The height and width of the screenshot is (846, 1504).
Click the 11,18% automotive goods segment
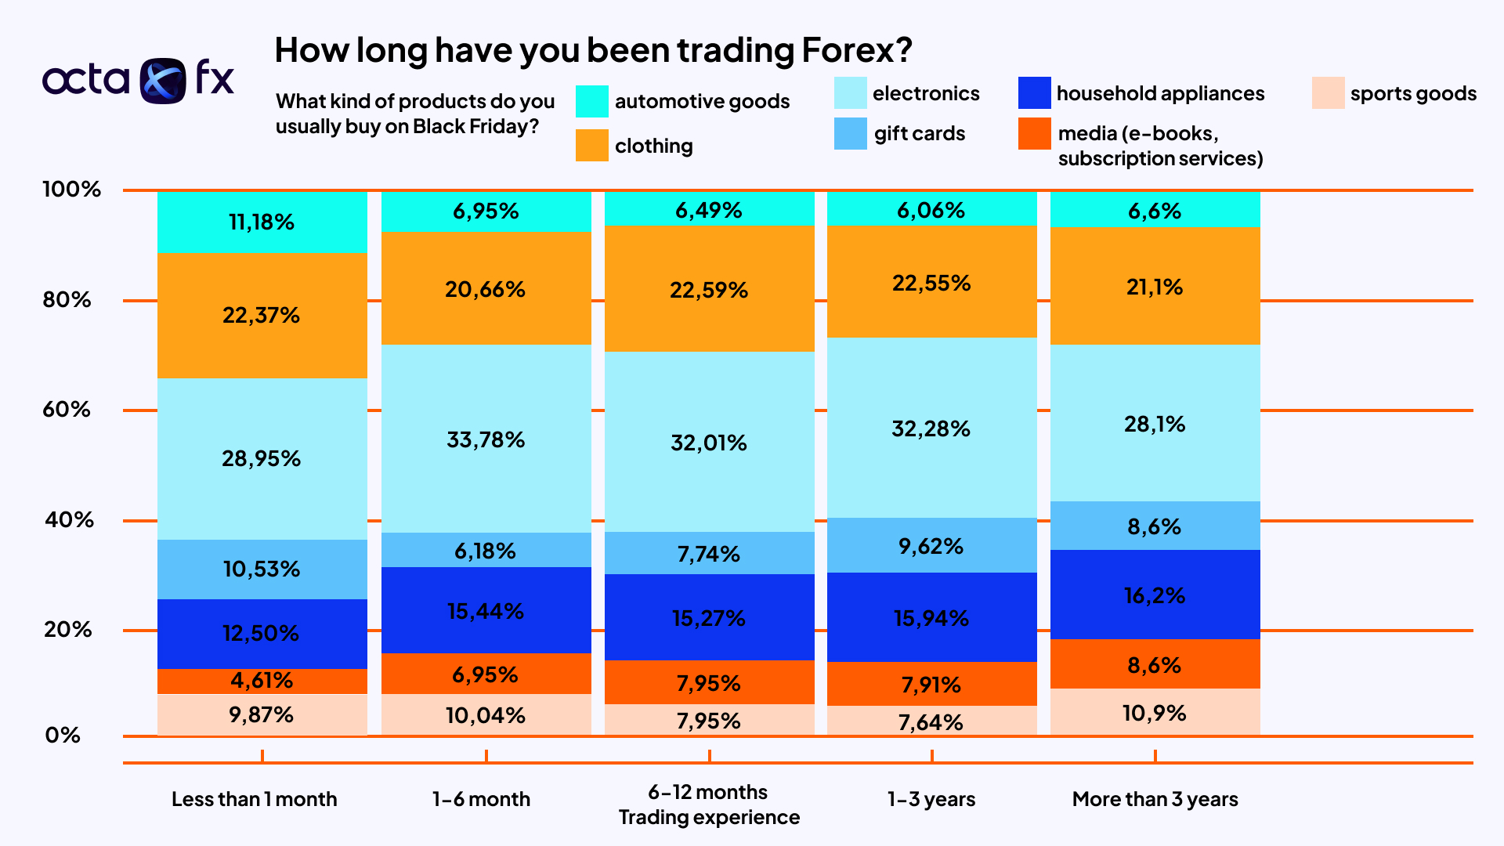pos(262,222)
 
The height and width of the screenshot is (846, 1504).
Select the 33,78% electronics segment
pos(486,439)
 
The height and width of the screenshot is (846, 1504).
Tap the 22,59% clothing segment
pos(709,289)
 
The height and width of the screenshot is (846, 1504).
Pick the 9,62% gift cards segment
pos(931,545)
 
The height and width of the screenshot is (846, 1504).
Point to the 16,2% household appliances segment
pos(1155,595)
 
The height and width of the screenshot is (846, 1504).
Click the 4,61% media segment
pos(262,680)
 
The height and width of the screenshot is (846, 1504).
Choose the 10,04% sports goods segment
pos(486,714)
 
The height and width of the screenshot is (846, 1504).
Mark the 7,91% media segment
pos(931,684)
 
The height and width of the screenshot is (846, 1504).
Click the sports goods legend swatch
pos(1328,93)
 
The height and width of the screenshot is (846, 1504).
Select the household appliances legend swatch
pos(1034,93)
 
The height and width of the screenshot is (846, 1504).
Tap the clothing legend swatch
pos(591,145)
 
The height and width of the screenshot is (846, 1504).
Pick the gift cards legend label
pos(919,133)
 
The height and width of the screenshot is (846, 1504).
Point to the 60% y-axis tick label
pos(67,409)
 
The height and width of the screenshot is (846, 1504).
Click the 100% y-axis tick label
pos(71,189)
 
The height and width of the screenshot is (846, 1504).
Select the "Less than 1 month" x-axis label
pos(254,799)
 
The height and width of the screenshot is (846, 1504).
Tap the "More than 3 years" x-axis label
pos(1155,799)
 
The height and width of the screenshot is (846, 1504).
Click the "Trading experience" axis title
pos(709,817)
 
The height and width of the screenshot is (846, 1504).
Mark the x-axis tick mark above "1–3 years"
pos(931,755)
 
